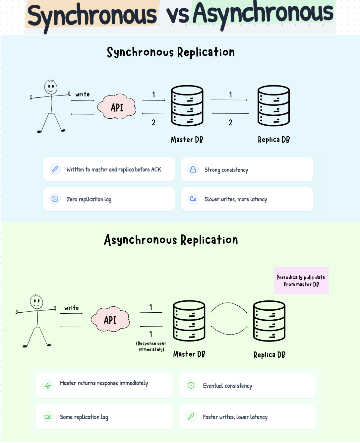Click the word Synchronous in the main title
92,16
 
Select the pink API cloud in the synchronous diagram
117,107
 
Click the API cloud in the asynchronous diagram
110,320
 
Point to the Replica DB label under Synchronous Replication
274,140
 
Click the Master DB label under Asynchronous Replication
189,354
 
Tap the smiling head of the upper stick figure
51,88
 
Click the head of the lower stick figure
36,302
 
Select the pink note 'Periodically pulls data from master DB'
301,281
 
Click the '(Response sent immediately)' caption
151,346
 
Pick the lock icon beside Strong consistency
193,169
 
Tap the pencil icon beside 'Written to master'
55,169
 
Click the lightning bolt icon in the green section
48,386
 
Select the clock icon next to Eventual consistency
191,385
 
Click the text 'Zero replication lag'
89,199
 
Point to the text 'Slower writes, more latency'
236,199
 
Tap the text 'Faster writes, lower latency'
235,417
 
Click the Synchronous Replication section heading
171,52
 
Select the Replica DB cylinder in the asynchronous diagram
269,321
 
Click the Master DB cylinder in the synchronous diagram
187,106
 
